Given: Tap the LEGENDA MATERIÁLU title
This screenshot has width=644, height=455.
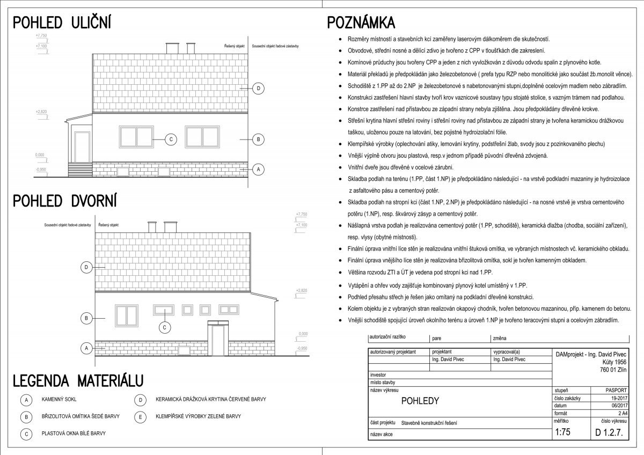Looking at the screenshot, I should click(78, 380).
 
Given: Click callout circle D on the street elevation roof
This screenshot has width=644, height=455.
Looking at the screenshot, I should click(258, 88).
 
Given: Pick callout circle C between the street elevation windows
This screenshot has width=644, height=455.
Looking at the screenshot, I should click(170, 140).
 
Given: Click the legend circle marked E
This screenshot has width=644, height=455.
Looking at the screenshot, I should click(140, 416).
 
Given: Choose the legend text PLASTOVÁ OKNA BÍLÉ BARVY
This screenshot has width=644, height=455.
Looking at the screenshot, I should click(74, 432).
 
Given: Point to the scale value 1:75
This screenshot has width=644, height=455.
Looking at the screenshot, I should click(562, 432).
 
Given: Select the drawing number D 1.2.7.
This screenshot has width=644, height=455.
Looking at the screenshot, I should click(609, 432).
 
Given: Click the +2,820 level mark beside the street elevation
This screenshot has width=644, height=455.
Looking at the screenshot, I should click(41, 112).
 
